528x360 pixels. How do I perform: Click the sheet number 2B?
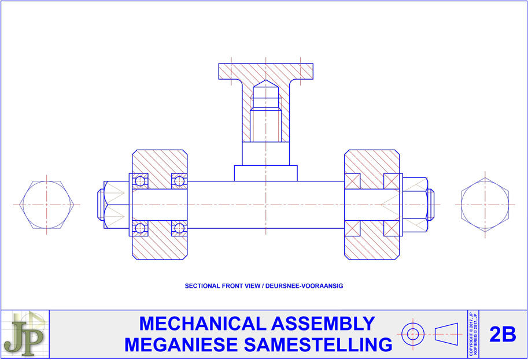(x=503, y=334)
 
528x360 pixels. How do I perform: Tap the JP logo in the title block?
(x=25, y=334)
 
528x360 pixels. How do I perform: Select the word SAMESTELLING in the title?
(x=318, y=345)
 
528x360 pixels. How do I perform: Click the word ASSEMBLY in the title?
(x=323, y=324)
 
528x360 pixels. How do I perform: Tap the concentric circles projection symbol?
(x=413, y=334)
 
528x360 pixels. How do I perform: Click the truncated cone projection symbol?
(x=446, y=334)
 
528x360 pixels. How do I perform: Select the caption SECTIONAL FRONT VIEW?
(x=222, y=286)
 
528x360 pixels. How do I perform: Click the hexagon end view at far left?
(x=46, y=205)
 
